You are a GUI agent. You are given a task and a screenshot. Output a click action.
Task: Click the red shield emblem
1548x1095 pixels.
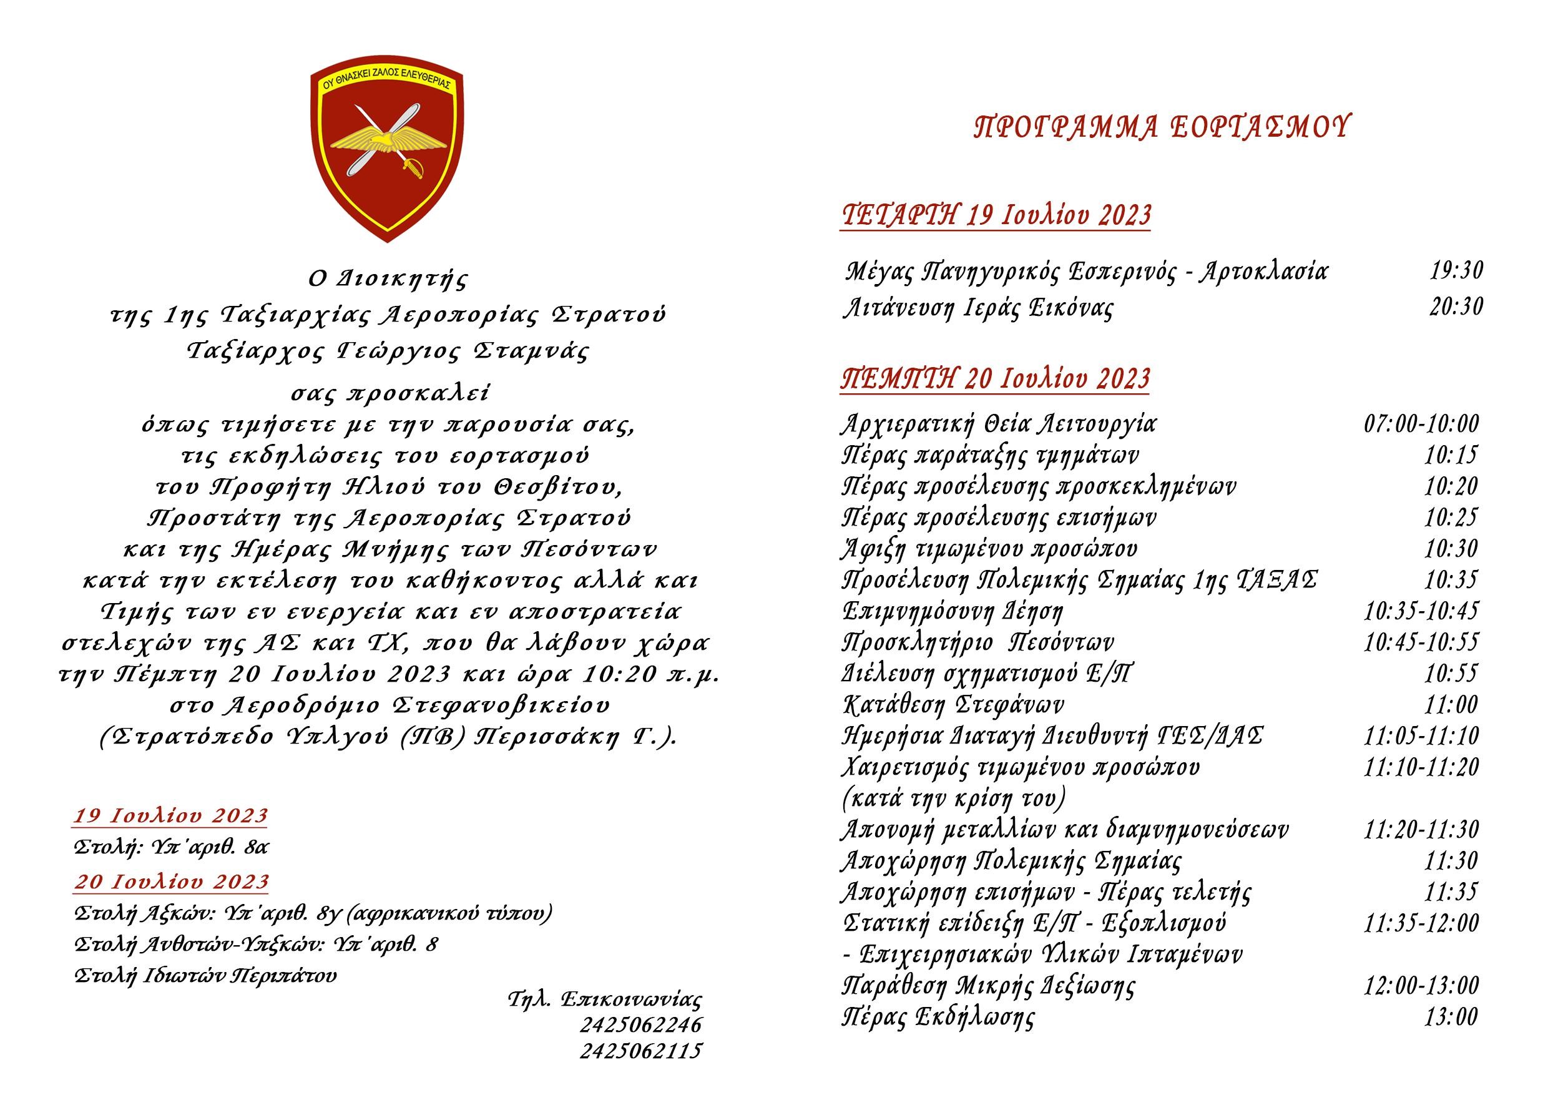click(x=387, y=152)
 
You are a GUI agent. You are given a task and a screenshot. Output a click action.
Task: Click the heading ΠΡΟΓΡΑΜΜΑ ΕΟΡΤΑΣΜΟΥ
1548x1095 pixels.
click(x=1161, y=127)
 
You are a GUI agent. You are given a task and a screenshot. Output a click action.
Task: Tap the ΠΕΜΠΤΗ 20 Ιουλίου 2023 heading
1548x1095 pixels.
click(x=995, y=379)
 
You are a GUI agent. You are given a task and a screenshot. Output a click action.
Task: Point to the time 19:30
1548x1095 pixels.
click(x=1456, y=271)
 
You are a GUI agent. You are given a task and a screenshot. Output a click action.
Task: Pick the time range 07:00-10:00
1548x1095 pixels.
click(x=1421, y=424)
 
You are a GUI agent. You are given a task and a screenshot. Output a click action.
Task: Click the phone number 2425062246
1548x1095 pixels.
click(x=640, y=1025)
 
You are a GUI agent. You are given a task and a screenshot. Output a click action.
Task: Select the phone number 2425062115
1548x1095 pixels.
click(x=640, y=1051)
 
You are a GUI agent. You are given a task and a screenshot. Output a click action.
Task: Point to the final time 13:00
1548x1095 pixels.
click(x=1450, y=1017)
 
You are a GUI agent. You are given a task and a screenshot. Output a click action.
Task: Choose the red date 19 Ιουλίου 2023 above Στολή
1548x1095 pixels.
click(x=170, y=816)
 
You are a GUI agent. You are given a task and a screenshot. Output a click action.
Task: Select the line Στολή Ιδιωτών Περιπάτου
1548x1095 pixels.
click(x=205, y=976)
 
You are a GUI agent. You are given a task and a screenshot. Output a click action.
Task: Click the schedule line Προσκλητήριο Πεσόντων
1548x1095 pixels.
click(x=977, y=642)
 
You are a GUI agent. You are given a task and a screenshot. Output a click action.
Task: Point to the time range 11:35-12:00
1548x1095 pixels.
click(x=1421, y=923)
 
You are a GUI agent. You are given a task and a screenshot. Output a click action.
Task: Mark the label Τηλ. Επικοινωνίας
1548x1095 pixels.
click(x=605, y=999)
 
